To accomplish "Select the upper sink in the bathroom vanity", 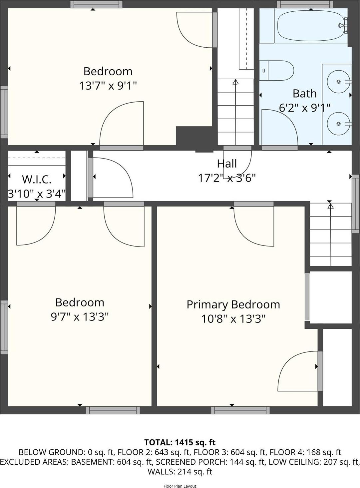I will [338, 82].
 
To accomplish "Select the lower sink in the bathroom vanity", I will [338, 124].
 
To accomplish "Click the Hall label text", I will [227, 164].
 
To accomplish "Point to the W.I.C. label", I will [37, 180].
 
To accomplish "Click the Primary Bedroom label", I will [233, 304].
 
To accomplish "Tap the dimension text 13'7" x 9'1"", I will [108, 86].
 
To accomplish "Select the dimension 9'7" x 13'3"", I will [80, 317].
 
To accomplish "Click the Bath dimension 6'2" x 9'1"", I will [304, 108].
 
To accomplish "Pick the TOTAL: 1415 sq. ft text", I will [180, 442].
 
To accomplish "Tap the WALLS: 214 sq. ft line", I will [180, 472].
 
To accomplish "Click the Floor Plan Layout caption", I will [180, 486].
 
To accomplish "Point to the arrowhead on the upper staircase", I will [236, 81].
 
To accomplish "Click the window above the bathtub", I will [305, 4].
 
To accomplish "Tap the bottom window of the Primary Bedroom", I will [240, 410].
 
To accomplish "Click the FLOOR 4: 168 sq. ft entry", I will [305, 452].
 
